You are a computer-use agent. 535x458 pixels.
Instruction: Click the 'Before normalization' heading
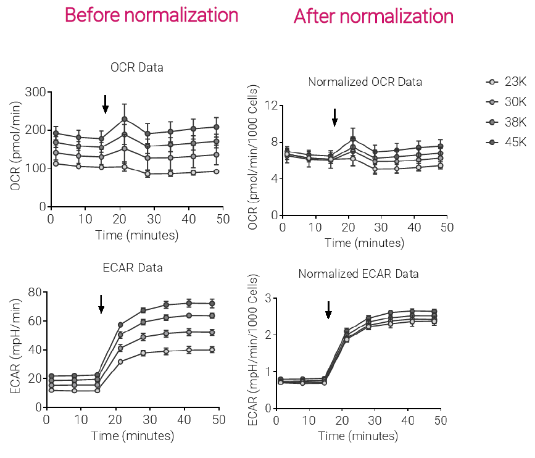point(151,15)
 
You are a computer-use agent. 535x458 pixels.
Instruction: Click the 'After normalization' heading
point(373,16)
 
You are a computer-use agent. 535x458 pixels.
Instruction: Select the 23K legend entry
point(507,81)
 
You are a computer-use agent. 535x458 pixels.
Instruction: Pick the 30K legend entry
point(507,101)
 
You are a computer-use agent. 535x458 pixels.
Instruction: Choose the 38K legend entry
point(507,122)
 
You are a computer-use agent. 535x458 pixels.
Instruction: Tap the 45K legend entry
point(507,142)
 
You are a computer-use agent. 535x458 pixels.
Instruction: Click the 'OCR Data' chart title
point(137,67)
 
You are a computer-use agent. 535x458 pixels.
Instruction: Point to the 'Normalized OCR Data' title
point(365,81)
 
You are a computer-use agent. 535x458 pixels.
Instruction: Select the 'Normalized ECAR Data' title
point(359,273)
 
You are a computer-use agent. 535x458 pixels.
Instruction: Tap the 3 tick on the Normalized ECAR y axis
point(267,298)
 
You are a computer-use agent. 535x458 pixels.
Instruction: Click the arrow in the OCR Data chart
point(106,104)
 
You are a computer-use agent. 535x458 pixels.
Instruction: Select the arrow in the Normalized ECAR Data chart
point(328,310)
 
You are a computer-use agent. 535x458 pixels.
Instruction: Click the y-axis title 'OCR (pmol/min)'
point(12,149)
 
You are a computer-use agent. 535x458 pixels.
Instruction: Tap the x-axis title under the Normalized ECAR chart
point(358,436)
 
